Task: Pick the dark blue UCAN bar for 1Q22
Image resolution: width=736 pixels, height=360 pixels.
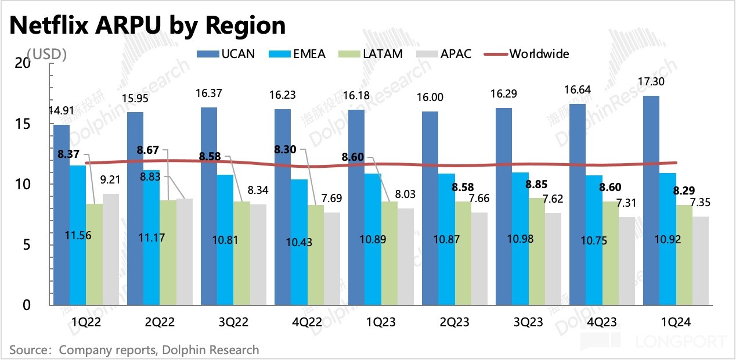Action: point(62,215)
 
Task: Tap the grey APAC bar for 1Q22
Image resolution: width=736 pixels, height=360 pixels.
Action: point(111,249)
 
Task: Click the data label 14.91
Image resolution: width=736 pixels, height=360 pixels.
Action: point(62,112)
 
